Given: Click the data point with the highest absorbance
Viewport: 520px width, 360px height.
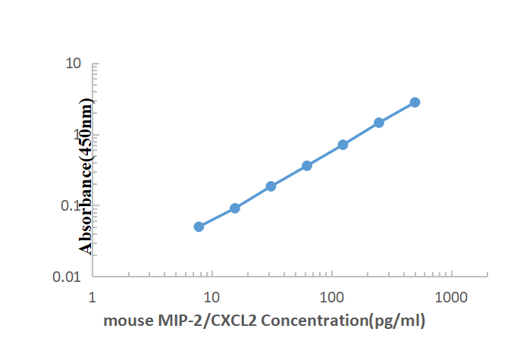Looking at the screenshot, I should click(415, 102).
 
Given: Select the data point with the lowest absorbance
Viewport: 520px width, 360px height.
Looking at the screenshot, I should click(199, 227).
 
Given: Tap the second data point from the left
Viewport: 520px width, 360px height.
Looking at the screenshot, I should click(235, 208).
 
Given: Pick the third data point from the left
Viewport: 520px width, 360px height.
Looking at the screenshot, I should click(271, 186).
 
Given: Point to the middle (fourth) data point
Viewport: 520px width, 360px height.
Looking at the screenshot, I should click(307, 165).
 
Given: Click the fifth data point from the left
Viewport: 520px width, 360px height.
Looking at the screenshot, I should click(343, 145).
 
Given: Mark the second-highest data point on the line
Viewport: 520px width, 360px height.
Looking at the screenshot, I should click(379, 123).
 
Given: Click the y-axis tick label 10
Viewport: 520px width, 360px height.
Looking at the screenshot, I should click(73, 64).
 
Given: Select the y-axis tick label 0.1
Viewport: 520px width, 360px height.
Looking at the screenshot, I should click(70, 205).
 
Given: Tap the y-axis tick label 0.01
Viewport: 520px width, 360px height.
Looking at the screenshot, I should click(67, 277).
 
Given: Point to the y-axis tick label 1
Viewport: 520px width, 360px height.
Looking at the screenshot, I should click(77, 135).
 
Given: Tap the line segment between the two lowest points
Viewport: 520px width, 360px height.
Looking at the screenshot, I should click(217, 218).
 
